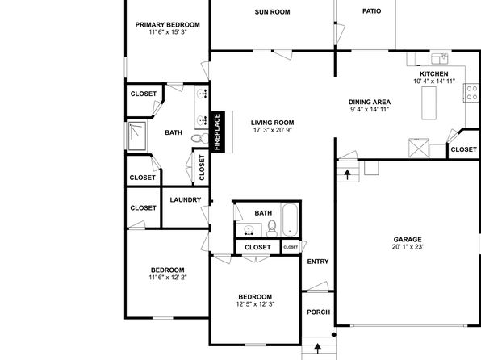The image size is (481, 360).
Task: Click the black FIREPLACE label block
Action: point(218,132)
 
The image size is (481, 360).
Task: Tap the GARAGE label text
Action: point(408,240)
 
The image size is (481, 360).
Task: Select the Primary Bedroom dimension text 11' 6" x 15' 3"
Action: point(168,32)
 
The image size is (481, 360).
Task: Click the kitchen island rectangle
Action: point(429,103)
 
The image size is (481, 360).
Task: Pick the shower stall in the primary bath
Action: point(137,136)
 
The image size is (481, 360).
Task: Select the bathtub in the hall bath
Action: point(291,220)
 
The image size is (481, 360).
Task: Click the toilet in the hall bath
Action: point(272,228)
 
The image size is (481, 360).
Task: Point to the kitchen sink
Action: point(439,59)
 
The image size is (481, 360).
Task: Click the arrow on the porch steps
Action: point(318,348)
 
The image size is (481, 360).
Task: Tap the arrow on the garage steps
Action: point(347,174)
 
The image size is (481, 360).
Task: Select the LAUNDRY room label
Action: point(186,200)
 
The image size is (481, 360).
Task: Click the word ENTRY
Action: point(318,262)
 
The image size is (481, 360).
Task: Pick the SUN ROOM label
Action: point(273,12)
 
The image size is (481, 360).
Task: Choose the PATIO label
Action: point(372,11)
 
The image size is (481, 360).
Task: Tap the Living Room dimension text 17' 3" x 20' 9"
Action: point(273,130)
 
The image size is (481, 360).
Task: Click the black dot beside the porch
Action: point(334,335)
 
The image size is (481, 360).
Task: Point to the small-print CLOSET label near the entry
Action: point(291,247)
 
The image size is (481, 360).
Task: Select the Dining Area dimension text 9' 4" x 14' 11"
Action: point(370,109)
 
